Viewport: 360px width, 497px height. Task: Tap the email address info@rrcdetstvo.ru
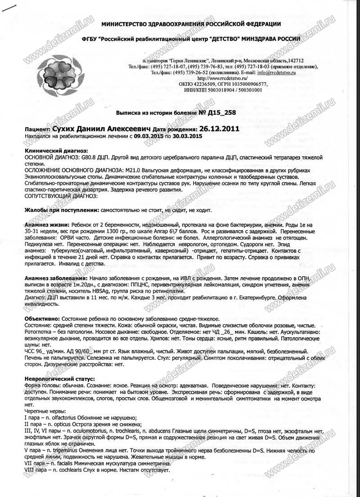pyautogui.click(x=276, y=72)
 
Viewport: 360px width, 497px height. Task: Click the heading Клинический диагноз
pyautogui.click(x=50, y=150)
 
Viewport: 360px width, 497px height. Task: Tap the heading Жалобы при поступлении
pyautogui.click(x=60, y=210)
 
